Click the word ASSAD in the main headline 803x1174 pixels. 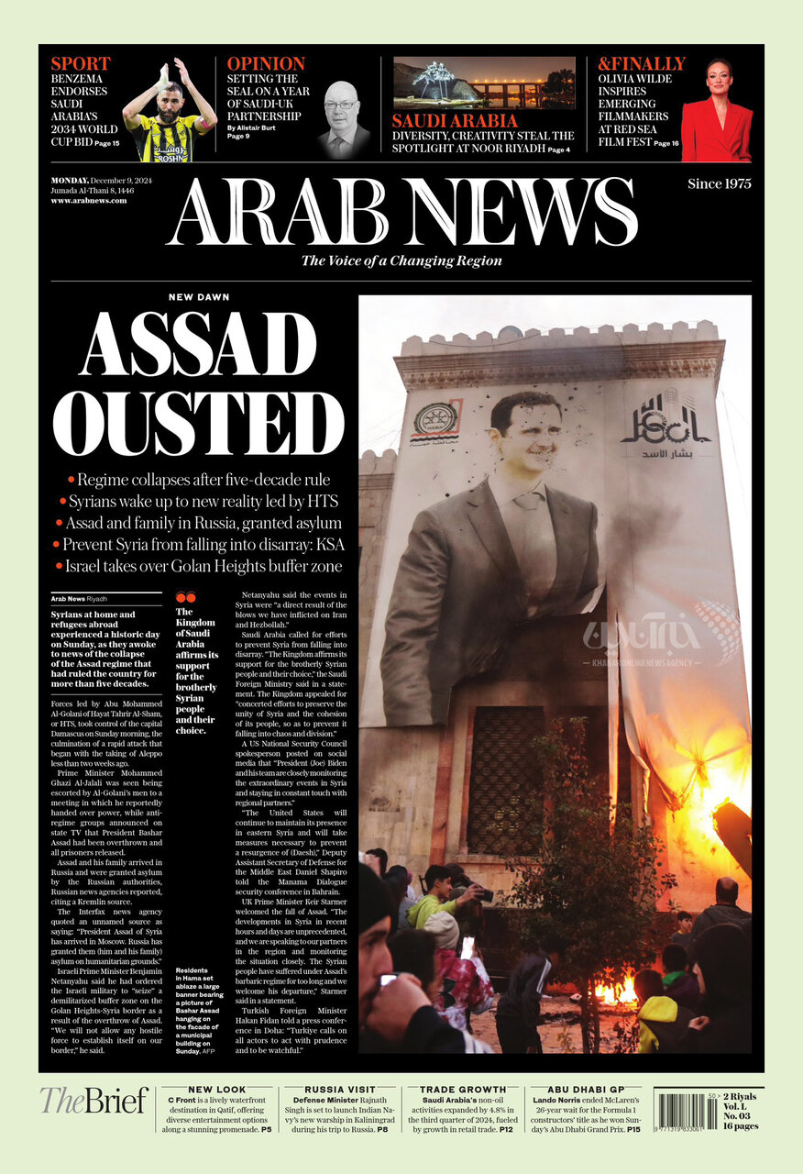(198, 345)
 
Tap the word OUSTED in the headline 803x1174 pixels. (198, 421)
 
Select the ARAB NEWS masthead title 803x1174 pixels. (401, 212)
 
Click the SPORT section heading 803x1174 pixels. (81, 63)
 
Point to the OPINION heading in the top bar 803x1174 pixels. (266, 63)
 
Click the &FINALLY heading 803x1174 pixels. (642, 63)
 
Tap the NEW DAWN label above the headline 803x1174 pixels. (199, 297)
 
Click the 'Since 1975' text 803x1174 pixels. (720, 183)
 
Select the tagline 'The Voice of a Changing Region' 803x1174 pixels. (401, 260)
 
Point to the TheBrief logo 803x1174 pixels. (93, 1101)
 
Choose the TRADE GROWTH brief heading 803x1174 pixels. (462, 1089)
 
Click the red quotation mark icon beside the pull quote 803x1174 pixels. (185, 597)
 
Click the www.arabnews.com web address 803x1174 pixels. (89, 200)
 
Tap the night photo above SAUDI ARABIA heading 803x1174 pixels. (484, 83)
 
